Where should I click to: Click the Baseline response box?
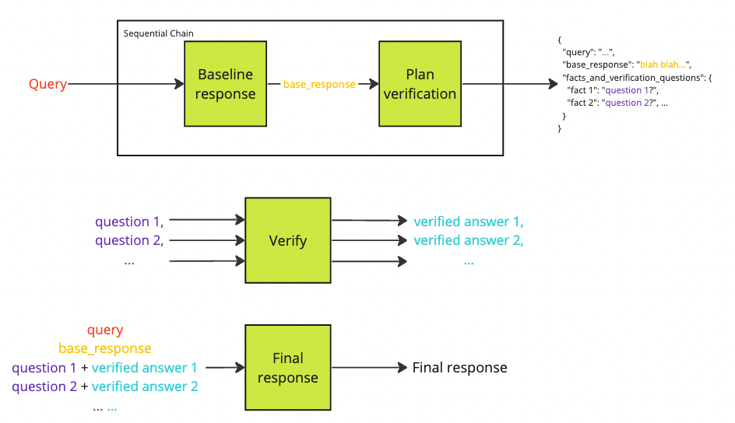point(226,84)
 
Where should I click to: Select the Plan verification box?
point(420,84)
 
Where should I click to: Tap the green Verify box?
point(287,240)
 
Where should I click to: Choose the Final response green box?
point(287,368)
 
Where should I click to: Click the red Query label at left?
point(47,84)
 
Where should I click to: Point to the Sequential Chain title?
point(159,33)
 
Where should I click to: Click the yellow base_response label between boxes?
point(319,84)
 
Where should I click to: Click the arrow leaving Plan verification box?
point(498,84)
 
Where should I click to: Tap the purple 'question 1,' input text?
point(129,222)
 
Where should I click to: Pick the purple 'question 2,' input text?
point(129,240)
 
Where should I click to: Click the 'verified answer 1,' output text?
point(468,222)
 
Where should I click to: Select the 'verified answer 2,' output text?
point(468,240)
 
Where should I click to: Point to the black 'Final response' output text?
point(459,368)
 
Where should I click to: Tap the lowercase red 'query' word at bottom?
point(105,330)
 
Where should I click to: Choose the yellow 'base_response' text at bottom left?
point(105,348)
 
